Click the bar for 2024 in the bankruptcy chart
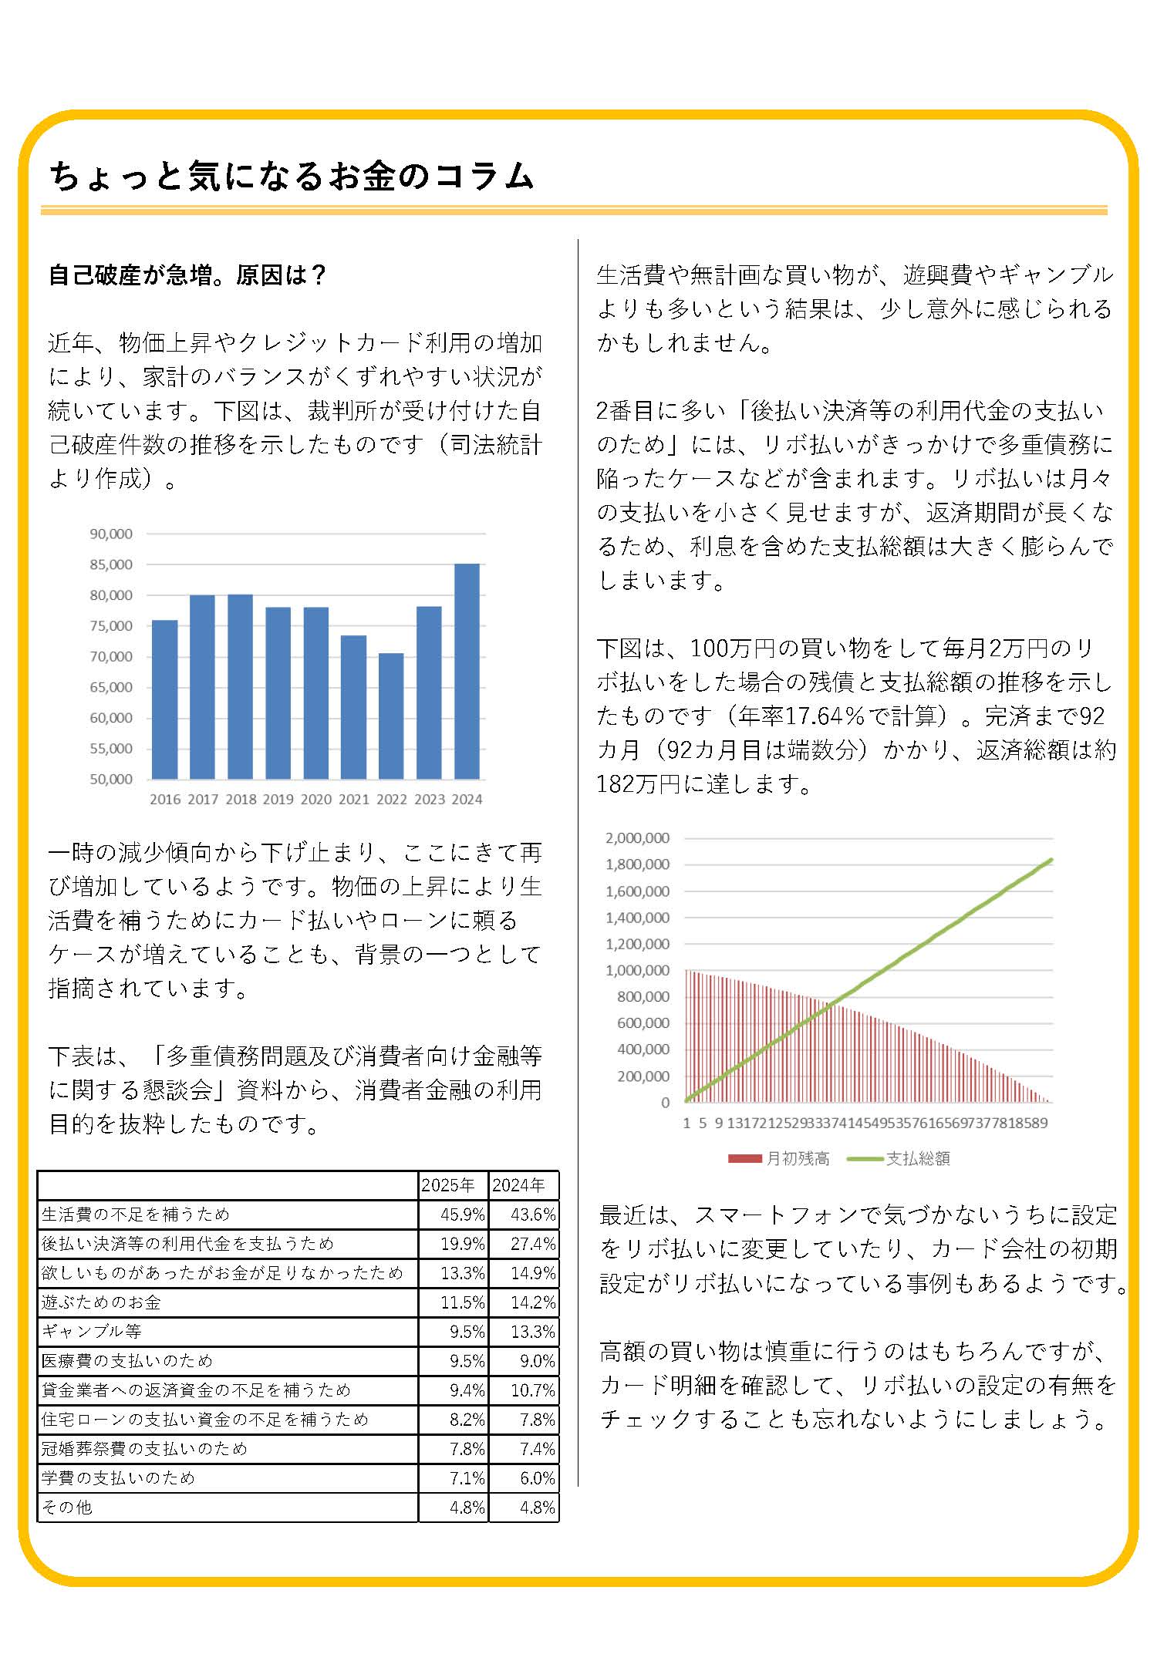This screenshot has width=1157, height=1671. coord(467,671)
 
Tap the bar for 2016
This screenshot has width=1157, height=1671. coord(164,699)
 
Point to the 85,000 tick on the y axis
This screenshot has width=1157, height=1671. coord(111,564)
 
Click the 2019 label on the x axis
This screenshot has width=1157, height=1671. coord(278,800)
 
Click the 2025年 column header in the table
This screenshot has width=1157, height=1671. coord(448,1185)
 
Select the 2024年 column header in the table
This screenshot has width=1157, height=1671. coord(519,1185)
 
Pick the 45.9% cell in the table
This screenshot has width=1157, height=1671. coord(462,1215)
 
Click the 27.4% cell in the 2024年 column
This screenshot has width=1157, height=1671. coord(533,1244)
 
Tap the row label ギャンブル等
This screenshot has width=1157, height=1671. coord(92,1332)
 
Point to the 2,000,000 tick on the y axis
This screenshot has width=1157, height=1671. coord(637,838)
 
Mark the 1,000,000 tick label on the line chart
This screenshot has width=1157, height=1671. coord(637,970)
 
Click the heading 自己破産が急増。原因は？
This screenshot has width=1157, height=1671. coord(188,275)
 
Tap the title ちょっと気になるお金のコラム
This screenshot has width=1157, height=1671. coord(292,176)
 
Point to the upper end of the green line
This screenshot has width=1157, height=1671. coord(1051,860)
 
